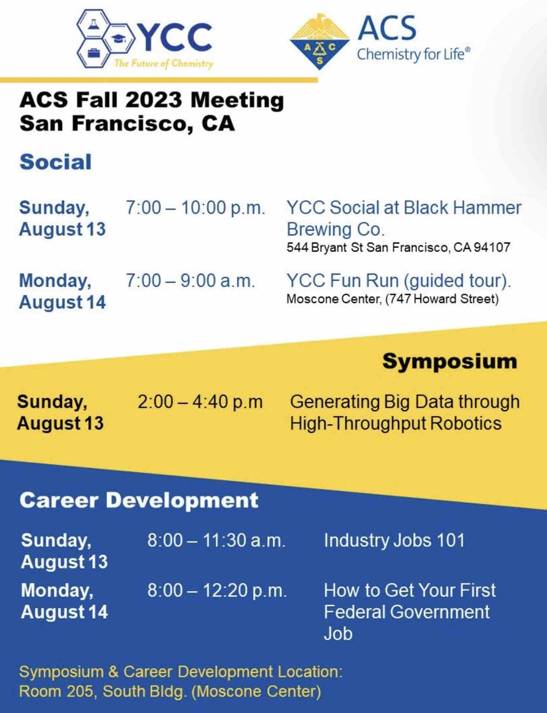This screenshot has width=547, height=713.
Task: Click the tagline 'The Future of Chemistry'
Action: (170, 64)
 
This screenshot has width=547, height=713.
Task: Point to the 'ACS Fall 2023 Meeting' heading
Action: (151, 100)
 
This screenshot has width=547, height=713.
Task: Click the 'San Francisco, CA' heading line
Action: (127, 124)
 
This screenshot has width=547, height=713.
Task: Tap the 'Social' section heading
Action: (56, 162)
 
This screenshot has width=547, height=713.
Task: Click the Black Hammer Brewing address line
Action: (398, 247)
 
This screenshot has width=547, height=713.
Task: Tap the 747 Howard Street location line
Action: (391, 298)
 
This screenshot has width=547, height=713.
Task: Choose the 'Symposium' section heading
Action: (449, 361)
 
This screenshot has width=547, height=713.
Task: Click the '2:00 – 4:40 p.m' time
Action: (200, 402)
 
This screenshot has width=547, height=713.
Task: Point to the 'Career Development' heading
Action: (139, 500)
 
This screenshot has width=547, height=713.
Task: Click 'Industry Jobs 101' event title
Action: (394, 541)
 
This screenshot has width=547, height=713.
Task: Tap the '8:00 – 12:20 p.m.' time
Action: (217, 591)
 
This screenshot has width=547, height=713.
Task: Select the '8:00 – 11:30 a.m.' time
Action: (217, 541)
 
